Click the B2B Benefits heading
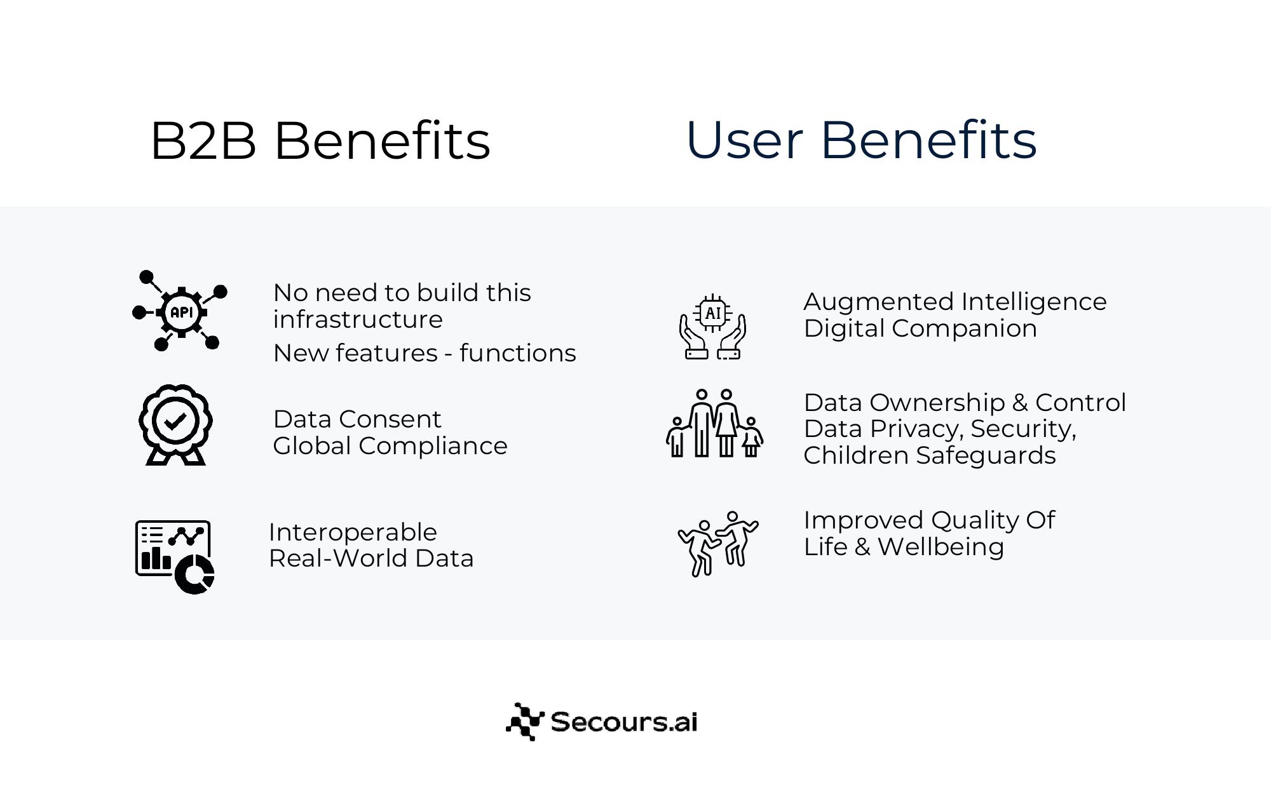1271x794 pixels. (320, 140)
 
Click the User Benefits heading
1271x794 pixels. (861, 140)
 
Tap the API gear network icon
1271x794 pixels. (180, 311)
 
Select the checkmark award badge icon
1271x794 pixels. (175, 424)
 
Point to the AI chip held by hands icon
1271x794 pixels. (712, 327)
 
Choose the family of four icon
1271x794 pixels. (714, 423)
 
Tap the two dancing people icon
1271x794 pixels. (718, 544)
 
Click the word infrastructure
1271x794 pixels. (358, 320)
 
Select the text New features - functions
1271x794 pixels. (425, 353)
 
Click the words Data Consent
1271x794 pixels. (357, 419)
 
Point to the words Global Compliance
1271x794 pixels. (390, 446)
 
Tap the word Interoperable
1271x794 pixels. (353, 532)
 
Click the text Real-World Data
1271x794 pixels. (371, 558)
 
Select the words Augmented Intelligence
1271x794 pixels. (955, 302)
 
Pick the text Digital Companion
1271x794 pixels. (920, 328)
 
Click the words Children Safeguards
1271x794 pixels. (930, 455)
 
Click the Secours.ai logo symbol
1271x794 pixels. (525, 722)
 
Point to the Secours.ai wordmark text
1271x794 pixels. (624, 722)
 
